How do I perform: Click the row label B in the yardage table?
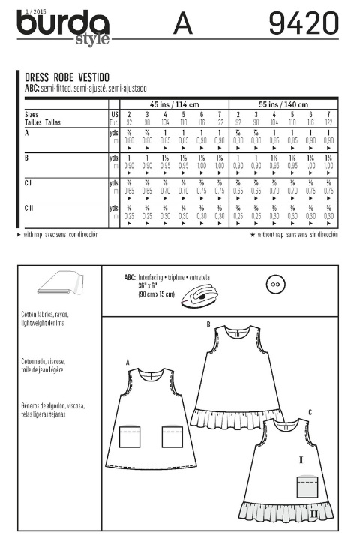27,156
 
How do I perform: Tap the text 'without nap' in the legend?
276,235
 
